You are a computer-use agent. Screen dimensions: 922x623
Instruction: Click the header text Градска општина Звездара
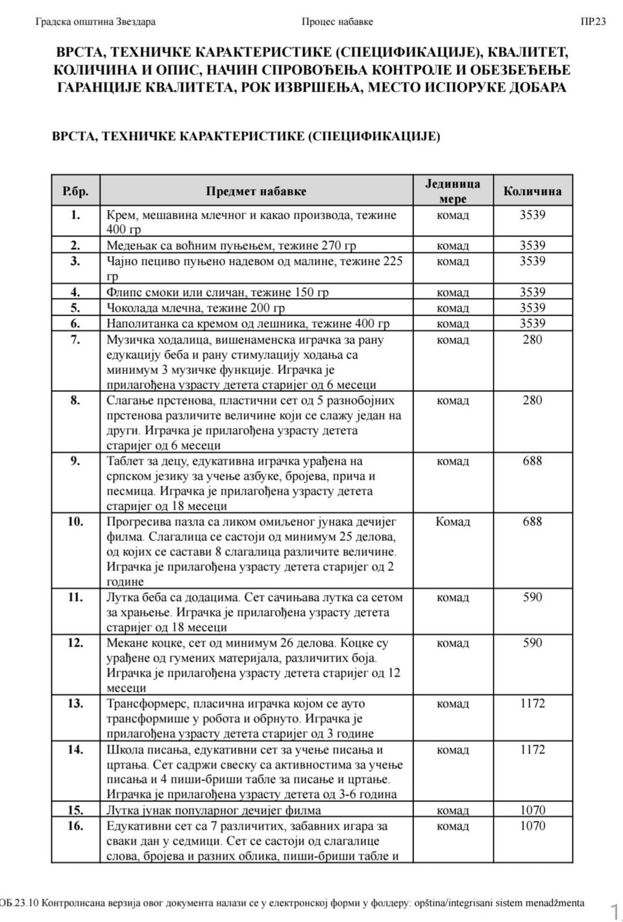[x=95, y=21]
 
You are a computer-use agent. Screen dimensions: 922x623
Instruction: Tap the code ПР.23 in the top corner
[x=593, y=21]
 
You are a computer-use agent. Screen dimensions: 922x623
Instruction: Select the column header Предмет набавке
[x=256, y=192]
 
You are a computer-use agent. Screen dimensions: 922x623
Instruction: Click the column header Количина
[x=532, y=191]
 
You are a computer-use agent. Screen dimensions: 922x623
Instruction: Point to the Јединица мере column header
[x=452, y=191]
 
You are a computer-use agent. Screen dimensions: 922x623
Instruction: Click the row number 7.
[x=75, y=340]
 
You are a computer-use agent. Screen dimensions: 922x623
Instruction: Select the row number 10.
[x=75, y=521]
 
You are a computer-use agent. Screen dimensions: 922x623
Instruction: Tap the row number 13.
[x=75, y=703]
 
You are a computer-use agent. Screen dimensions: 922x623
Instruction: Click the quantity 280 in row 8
[x=532, y=400]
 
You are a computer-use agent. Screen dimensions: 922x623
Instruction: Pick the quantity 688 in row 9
[x=532, y=461]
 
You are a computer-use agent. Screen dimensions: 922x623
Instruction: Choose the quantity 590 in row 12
[x=532, y=643]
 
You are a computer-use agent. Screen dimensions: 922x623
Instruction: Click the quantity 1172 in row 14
[x=532, y=749]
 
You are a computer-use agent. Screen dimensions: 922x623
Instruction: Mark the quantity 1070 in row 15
[x=532, y=810]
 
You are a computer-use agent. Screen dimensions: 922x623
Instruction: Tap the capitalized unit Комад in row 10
[x=452, y=521]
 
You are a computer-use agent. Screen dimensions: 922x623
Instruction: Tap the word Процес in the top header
[x=319, y=21]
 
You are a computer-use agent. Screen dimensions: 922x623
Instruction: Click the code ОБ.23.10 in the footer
[x=19, y=903]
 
